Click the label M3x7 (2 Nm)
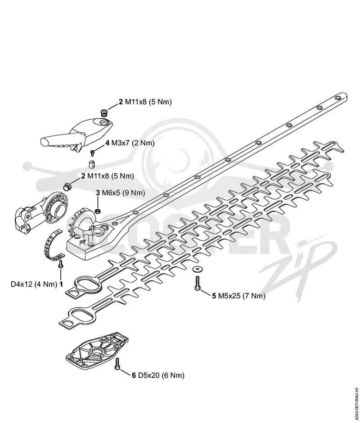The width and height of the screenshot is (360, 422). (133, 143)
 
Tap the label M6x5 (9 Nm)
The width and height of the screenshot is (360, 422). (123, 193)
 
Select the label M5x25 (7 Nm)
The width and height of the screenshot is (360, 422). (242, 296)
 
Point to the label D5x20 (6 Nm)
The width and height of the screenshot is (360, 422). (161, 375)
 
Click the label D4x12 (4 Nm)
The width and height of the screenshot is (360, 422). (34, 284)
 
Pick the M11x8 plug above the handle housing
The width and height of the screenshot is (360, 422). (103, 113)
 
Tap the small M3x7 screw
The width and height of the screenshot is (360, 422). (92, 153)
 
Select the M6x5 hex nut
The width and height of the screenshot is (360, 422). (98, 211)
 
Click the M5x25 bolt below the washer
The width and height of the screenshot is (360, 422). (198, 283)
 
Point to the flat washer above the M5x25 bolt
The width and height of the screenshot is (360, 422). (196, 269)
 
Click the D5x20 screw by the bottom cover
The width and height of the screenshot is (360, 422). (117, 364)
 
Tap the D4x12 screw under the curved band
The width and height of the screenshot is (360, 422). (61, 264)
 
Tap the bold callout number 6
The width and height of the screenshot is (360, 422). (134, 375)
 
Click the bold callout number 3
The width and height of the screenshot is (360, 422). (98, 193)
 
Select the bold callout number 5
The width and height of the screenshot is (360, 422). (214, 296)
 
